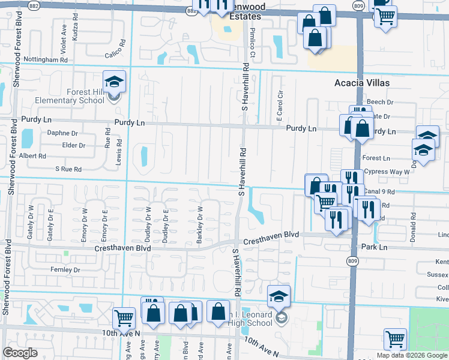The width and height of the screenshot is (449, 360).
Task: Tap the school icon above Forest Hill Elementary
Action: point(113,83)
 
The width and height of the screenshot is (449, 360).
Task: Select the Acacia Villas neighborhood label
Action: point(363,83)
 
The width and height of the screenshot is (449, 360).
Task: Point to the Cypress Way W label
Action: point(386,172)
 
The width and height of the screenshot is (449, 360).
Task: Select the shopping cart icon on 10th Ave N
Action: point(124,316)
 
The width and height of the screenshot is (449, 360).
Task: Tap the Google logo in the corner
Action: point(20,353)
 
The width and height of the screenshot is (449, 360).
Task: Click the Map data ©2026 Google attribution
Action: point(412,355)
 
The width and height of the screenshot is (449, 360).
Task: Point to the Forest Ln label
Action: point(376,158)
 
